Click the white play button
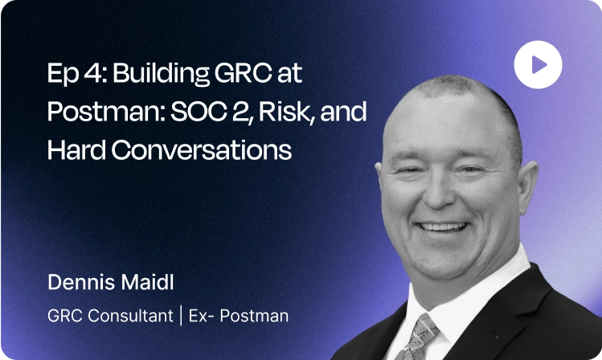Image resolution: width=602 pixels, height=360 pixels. click(x=538, y=64)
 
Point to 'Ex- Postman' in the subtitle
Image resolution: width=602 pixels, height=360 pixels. click(x=238, y=316)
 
